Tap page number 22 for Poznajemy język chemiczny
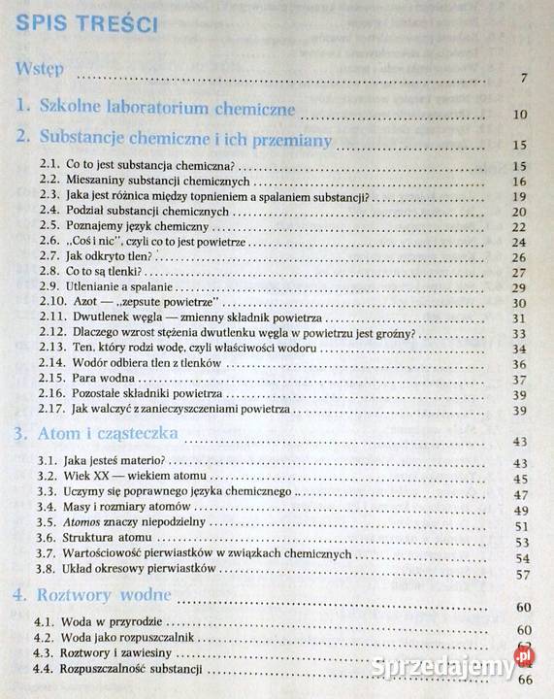[x=517, y=228]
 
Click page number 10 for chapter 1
[x=519, y=116]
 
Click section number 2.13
[x=52, y=348]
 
